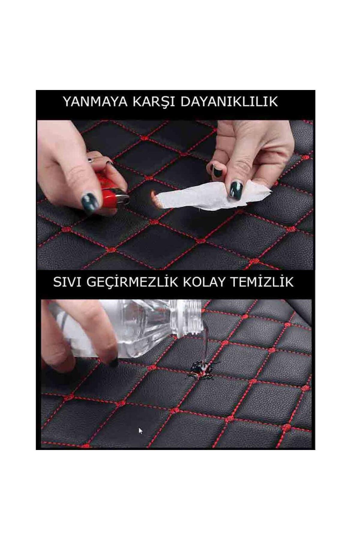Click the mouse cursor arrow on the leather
click(140, 431)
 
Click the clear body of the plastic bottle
click(141, 330)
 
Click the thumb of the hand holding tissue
click(240, 174)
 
